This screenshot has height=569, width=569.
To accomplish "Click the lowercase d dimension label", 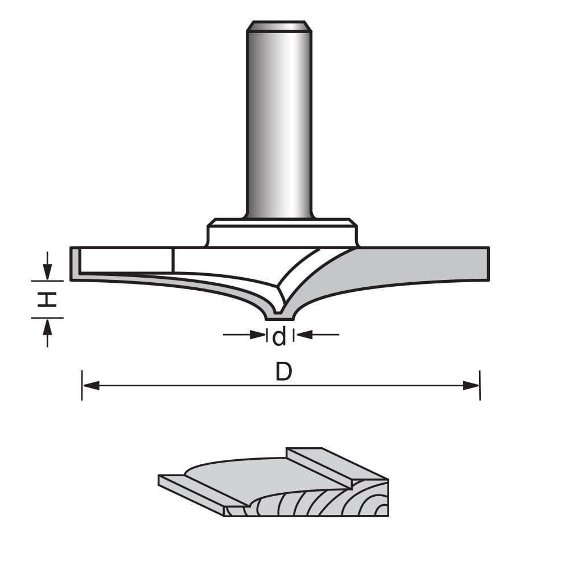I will coord(279,337).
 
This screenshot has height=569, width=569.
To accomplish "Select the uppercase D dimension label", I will coord(283,372).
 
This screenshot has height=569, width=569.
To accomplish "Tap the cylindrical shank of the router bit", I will coord(279,125).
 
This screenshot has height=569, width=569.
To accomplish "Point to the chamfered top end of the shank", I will coord(279,26).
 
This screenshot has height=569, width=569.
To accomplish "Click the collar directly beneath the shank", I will coord(282,233).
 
